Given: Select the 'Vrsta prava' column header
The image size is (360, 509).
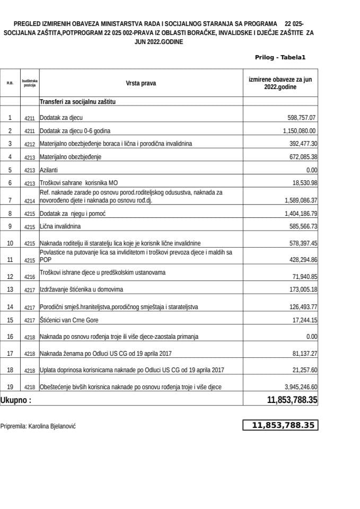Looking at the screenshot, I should click(x=141, y=83).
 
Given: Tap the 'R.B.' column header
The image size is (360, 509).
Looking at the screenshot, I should click(x=10, y=83).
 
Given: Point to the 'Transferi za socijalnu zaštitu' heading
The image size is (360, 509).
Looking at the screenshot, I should click(x=78, y=101).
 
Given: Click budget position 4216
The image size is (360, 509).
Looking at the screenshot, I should click(x=29, y=277).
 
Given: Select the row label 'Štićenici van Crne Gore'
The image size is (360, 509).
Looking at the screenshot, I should click(x=69, y=321).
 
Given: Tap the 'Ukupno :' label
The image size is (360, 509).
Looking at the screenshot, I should click(x=16, y=401).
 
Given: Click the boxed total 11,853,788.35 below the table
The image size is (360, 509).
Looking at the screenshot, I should click(x=281, y=425).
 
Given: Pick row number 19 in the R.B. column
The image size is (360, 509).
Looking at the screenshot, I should click(x=10, y=387).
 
